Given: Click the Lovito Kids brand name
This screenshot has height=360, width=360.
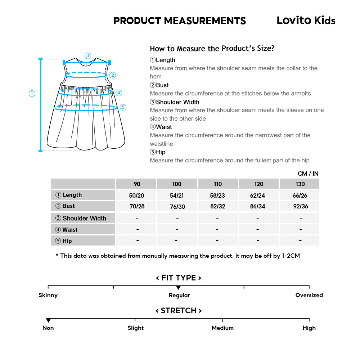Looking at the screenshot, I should (x=306, y=21).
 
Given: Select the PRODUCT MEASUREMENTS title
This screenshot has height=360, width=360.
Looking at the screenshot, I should (x=180, y=21).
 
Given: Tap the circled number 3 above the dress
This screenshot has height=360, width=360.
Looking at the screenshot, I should (x=88, y=55).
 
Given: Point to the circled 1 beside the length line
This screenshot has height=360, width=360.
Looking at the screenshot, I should (x=32, y=94).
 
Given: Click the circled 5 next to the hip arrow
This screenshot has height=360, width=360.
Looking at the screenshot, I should (x=123, y=107).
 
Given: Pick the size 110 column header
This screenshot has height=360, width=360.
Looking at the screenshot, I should (x=218, y=184).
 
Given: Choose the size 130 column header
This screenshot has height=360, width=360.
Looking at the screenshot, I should (x=300, y=184).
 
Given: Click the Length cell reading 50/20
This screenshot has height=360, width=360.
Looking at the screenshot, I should (x=137, y=195).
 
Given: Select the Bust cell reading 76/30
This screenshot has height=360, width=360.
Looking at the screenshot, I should (x=177, y=207).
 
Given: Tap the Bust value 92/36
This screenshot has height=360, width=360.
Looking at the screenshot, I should (x=300, y=207).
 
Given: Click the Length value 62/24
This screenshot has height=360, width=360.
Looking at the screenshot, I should (x=258, y=195).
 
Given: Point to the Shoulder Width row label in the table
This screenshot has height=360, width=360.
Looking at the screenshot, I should (x=81, y=218).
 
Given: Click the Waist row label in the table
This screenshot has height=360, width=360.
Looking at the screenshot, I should (x=67, y=230).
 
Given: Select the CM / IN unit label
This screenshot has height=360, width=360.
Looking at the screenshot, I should (x=308, y=174).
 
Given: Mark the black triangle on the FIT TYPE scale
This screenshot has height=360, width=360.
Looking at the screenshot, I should (x=178, y=288).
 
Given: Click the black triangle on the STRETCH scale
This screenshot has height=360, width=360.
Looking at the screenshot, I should (x=48, y=320).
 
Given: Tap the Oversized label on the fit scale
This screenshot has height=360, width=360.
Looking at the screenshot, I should (x=309, y=295).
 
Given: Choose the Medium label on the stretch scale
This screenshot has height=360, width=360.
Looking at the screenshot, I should (x=222, y=328).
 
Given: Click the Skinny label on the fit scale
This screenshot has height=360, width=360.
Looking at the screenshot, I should (x=48, y=295).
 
